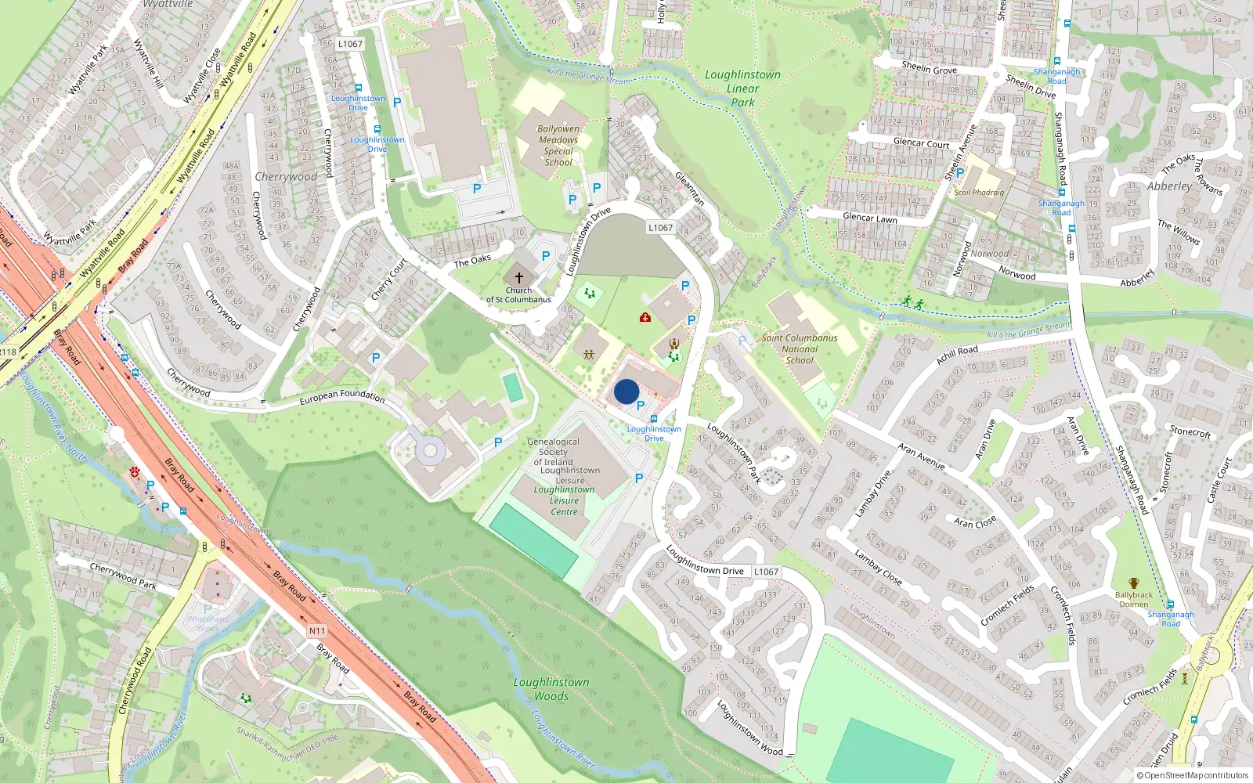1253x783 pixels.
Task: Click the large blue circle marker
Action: tap(626, 391)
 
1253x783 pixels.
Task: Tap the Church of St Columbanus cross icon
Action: tap(518, 278)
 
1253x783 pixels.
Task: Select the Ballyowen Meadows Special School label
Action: tap(558, 146)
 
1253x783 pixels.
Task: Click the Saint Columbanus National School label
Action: tap(800, 349)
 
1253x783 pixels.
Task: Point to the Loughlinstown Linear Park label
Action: tap(742, 88)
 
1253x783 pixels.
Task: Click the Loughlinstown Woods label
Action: tap(551, 689)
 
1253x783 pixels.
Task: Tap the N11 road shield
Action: tap(316, 631)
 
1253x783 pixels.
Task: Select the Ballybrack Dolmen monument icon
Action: tap(1133, 583)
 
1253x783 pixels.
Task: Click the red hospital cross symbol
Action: tap(645, 317)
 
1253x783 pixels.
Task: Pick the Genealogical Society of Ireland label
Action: tap(553, 452)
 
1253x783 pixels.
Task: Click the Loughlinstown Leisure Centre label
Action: tap(564, 500)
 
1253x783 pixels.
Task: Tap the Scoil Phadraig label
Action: tap(979, 193)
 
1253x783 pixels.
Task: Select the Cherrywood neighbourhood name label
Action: tap(286, 177)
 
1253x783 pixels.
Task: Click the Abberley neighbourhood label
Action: tap(1169, 186)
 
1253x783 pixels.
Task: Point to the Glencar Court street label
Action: tap(921, 143)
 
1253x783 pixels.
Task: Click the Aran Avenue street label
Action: tap(921, 456)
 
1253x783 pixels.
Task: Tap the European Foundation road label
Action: tap(342, 396)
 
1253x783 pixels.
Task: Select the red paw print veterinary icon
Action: tap(135, 473)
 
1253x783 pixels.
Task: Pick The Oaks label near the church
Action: tap(472, 261)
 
